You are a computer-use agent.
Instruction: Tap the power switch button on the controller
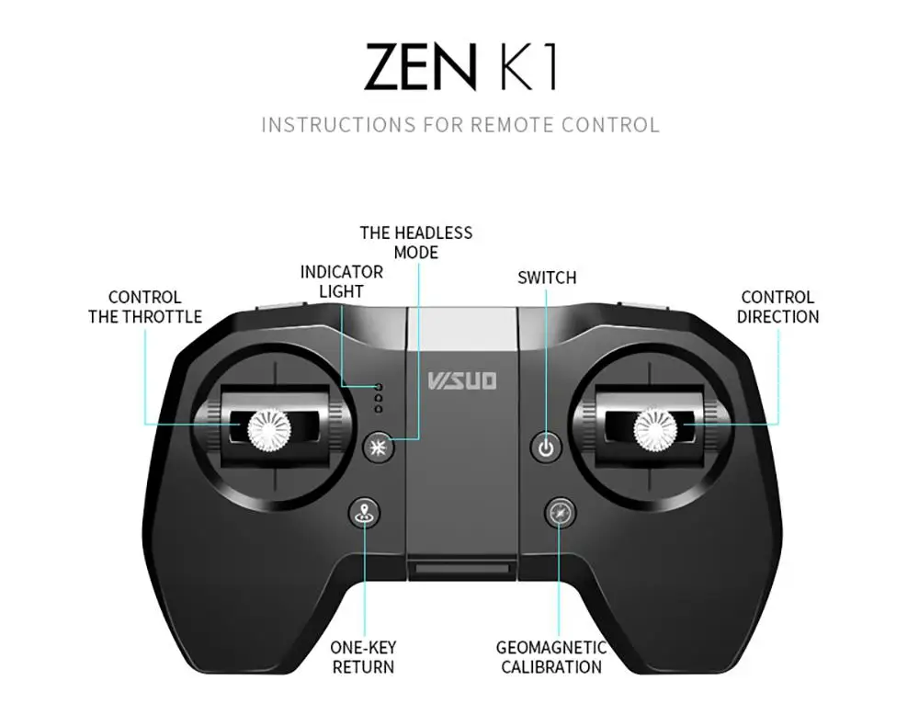pos(547,448)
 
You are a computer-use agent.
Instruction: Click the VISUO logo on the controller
pos(462,379)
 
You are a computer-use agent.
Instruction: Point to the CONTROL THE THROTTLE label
pos(145,307)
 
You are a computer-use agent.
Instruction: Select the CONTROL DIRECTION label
pos(777,307)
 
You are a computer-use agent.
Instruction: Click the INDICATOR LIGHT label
pos(342,282)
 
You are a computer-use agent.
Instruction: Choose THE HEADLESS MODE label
pos(415,243)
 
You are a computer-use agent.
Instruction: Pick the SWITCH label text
pos(547,278)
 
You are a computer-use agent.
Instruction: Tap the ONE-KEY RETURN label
pos(363,658)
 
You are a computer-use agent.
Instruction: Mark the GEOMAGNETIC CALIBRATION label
pos(551,658)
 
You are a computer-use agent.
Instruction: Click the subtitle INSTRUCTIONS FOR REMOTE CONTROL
pos(460,124)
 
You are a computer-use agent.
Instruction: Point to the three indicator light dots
pos(378,397)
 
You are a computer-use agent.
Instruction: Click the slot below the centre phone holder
pos(461,573)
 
